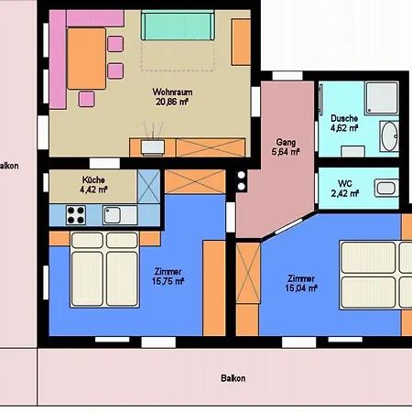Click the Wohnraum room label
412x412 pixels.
[x=172, y=92]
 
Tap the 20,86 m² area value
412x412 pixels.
[x=172, y=102]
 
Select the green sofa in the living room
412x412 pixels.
[x=178, y=25]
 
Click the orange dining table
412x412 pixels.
[x=86, y=59]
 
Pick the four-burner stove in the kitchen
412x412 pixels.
[x=76, y=215]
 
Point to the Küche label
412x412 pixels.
[x=93, y=179]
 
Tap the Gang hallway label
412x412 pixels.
[x=286, y=142]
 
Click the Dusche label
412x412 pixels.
[x=344, y=118]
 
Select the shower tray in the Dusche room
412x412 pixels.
[x=382, y=98]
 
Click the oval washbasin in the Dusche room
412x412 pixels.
[x=390, y=136]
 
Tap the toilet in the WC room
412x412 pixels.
[x=386, y=188]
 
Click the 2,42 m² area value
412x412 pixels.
[x=345, y=193]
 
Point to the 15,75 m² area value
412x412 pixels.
[x=168, y=281]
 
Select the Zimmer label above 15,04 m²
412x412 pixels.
[x=301, y=278]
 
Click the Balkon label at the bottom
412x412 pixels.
[x=233, y=378]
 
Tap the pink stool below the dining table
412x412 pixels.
[x=86, y=99]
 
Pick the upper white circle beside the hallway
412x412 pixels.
[x=242, y=175]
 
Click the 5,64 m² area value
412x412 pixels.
[x=286, y=152]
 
